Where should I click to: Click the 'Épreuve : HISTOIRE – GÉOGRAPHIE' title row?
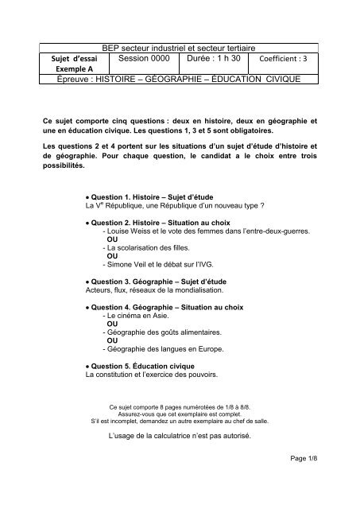tap(180, 81)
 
